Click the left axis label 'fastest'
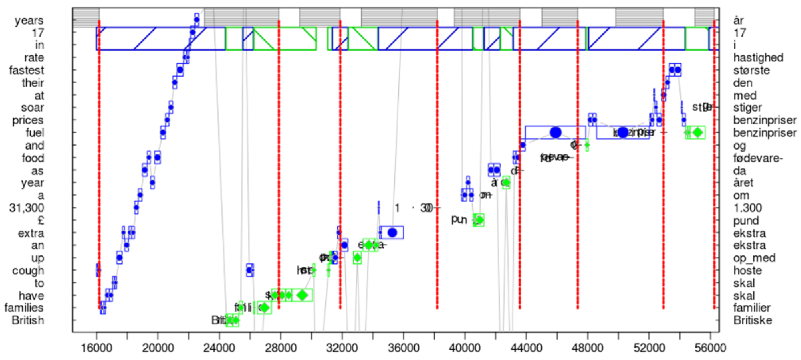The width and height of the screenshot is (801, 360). coord(28,70)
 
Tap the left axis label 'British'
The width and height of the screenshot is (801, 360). coord(28,320)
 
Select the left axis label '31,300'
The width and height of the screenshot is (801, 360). coord(28,208)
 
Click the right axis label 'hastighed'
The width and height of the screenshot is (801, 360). coord(759,58)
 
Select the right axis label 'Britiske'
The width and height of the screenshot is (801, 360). coord(753,320)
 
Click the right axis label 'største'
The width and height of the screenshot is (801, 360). coord(752,70)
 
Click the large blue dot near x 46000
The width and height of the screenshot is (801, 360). coord(555,132)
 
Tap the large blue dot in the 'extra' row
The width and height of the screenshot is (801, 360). coord(392,232)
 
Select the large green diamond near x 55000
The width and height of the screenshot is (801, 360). coord(697,132)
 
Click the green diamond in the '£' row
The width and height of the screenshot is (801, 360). coord(479,220)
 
